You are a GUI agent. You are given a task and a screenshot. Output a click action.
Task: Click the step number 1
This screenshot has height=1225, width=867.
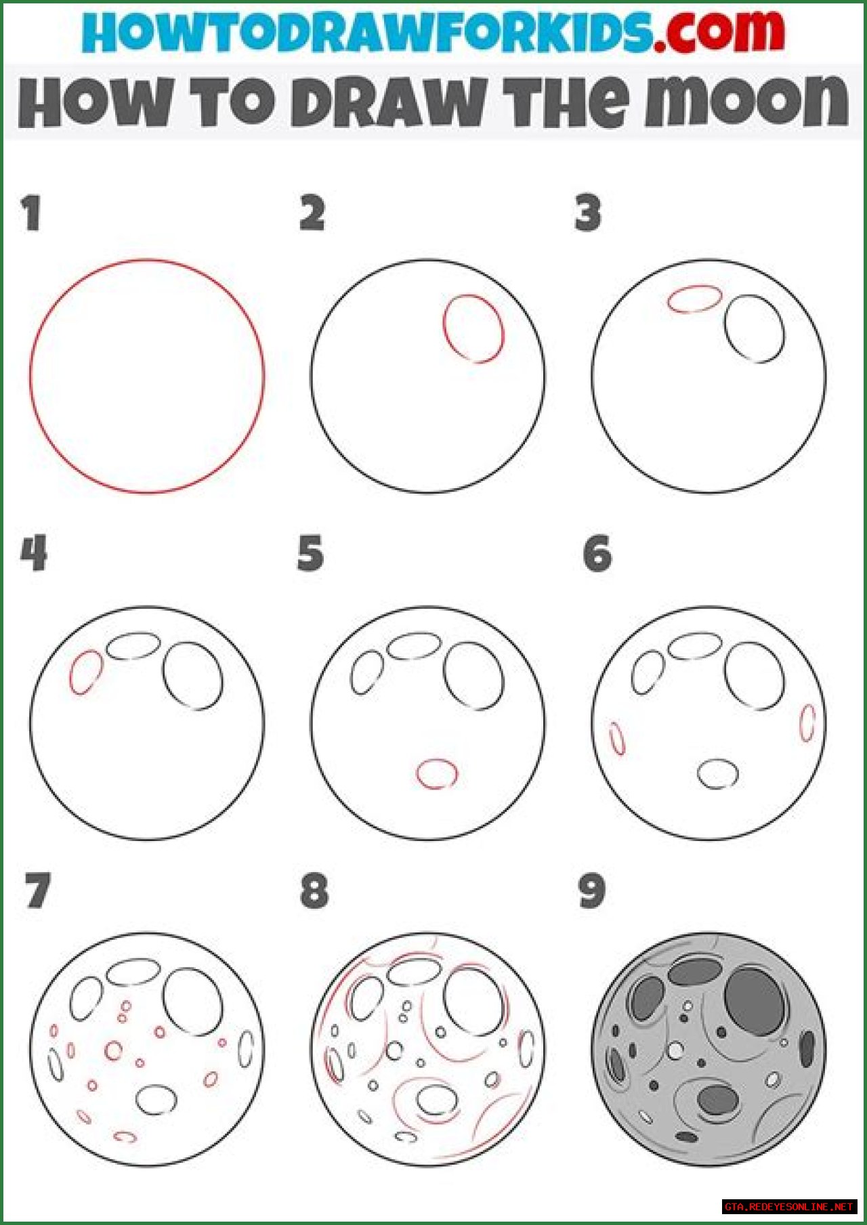coord(31,213)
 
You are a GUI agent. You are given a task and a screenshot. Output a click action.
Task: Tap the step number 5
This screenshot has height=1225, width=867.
coord(310,553)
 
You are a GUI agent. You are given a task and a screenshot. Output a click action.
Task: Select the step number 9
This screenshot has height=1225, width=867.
coord(592,891)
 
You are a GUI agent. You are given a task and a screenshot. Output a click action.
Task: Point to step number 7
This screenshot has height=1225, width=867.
coord(37,890)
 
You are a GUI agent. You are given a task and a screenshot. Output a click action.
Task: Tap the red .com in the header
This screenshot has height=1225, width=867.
coord(719,32)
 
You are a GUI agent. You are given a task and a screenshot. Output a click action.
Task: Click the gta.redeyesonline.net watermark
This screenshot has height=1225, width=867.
coord(789,1207)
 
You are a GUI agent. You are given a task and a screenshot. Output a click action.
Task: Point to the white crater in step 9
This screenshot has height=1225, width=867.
coord(675,1050)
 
